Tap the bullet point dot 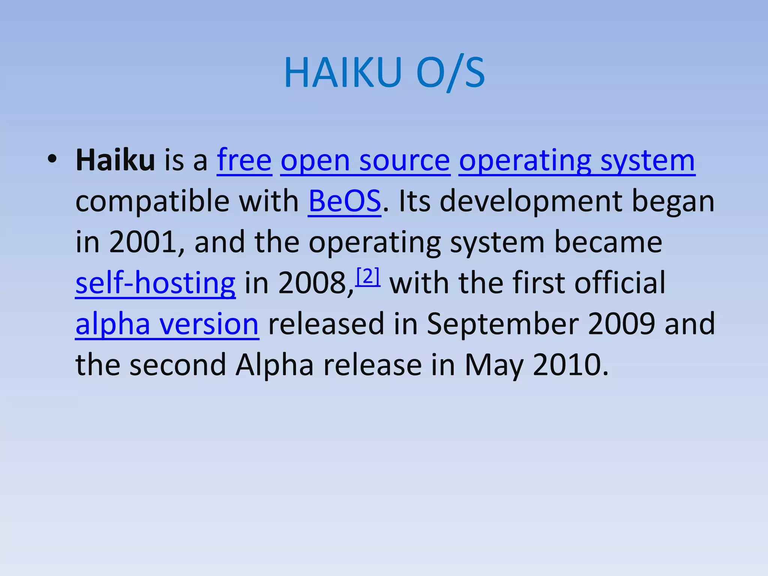pos(52,159)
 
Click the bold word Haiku pos(115,160)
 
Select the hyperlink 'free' pos(244,160)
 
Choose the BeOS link pos(344,201)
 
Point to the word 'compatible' pos(152,201)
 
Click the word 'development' pos(531,201)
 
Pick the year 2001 pos(143,242)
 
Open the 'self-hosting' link pos(155,283)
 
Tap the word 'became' pos(608,242)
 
